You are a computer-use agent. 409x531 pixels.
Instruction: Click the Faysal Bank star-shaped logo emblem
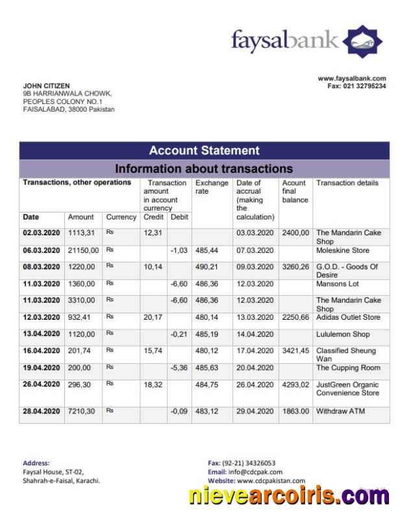click(362, 42)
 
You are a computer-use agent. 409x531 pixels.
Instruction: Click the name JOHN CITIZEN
click(46, 86)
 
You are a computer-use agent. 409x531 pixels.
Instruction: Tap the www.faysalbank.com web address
click(351, 79)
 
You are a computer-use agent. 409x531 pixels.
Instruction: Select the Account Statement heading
click(204, 151)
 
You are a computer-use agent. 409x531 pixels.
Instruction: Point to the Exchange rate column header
click(212, 187)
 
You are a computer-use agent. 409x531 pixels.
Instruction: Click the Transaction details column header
click(347, 183)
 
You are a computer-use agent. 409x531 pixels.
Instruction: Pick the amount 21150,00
click(84, 250)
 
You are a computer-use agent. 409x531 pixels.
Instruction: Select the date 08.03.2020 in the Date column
click(42, 266)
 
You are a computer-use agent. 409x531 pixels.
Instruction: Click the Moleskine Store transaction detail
click(342, 250)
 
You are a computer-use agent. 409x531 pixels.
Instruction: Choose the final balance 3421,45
click(295, 351)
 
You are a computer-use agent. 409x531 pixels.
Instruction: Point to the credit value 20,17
click(153, 317)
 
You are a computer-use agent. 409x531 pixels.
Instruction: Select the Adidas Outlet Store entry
click(348, 317)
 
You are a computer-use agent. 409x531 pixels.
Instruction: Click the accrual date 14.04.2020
click(255, 334)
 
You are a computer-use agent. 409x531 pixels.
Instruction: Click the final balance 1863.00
click(295, 411)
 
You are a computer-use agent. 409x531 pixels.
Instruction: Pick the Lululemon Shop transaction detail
click(343, 334)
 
